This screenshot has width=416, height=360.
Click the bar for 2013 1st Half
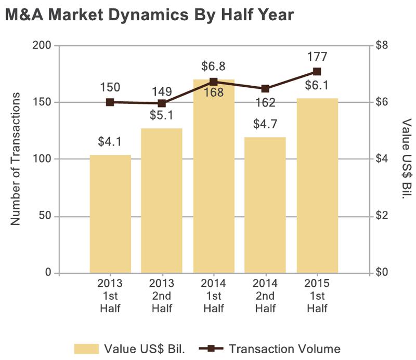(110, 214)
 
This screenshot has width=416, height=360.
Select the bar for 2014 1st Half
(214, 177)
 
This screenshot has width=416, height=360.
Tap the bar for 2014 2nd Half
(265, 205)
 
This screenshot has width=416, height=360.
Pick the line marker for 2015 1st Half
(317, 72)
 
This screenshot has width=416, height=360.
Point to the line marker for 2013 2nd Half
(162, 103)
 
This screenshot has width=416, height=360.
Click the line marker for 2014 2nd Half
(265, 89)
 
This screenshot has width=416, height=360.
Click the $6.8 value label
(214, 66)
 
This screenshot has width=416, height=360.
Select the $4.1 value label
(110, 141)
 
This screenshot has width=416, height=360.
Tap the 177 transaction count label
(317, 57)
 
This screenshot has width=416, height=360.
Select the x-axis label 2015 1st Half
(317, 296)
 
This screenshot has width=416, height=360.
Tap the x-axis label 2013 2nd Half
(162, 296)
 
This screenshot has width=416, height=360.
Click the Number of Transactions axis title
(16, 159)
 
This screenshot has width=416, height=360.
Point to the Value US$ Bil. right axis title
(406, 159)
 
